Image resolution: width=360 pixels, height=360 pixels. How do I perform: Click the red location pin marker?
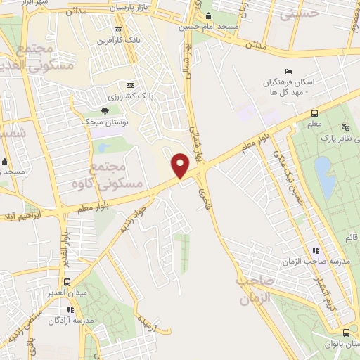coord(181,165)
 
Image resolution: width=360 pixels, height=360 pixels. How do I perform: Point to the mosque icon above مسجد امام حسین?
coord(207,16)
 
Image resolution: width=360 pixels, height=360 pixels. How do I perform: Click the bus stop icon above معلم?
coord(314,112)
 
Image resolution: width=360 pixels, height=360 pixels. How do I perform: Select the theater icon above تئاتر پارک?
coord(344,127)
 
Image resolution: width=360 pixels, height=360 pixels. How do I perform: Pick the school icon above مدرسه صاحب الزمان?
coord(316,250)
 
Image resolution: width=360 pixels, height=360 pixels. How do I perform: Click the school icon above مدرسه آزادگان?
coord(70,309)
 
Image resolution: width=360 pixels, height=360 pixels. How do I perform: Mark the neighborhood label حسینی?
coord(298,13)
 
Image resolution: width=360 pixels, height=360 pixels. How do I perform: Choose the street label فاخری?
coord(204,184)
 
